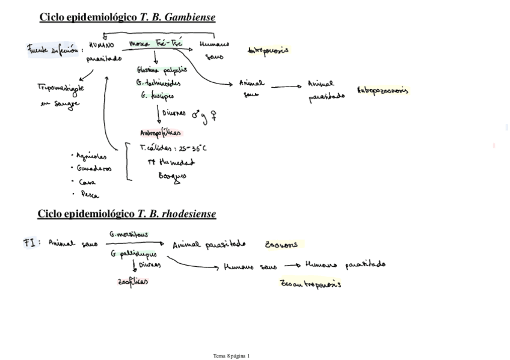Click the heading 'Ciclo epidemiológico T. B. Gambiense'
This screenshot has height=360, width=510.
[x=127, y=17]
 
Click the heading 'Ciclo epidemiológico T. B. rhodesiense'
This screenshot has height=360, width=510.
[x=126, y=214]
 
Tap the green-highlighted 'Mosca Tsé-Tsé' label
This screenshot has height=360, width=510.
[x=156, y=44]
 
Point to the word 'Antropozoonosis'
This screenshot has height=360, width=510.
[x=382, y=91]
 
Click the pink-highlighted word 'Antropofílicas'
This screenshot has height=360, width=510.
[x=161, y=133]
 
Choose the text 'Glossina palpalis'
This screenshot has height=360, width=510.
[x=162, y=70]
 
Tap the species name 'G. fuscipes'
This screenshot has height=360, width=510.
[x=158, y=95]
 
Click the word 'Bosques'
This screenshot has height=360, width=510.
[x=172, y=176]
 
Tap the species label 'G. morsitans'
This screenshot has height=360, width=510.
[x=129, y=234]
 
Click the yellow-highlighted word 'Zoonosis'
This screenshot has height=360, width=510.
[x=281, y=245]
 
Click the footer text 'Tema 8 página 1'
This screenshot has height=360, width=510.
[x=231, y=356]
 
